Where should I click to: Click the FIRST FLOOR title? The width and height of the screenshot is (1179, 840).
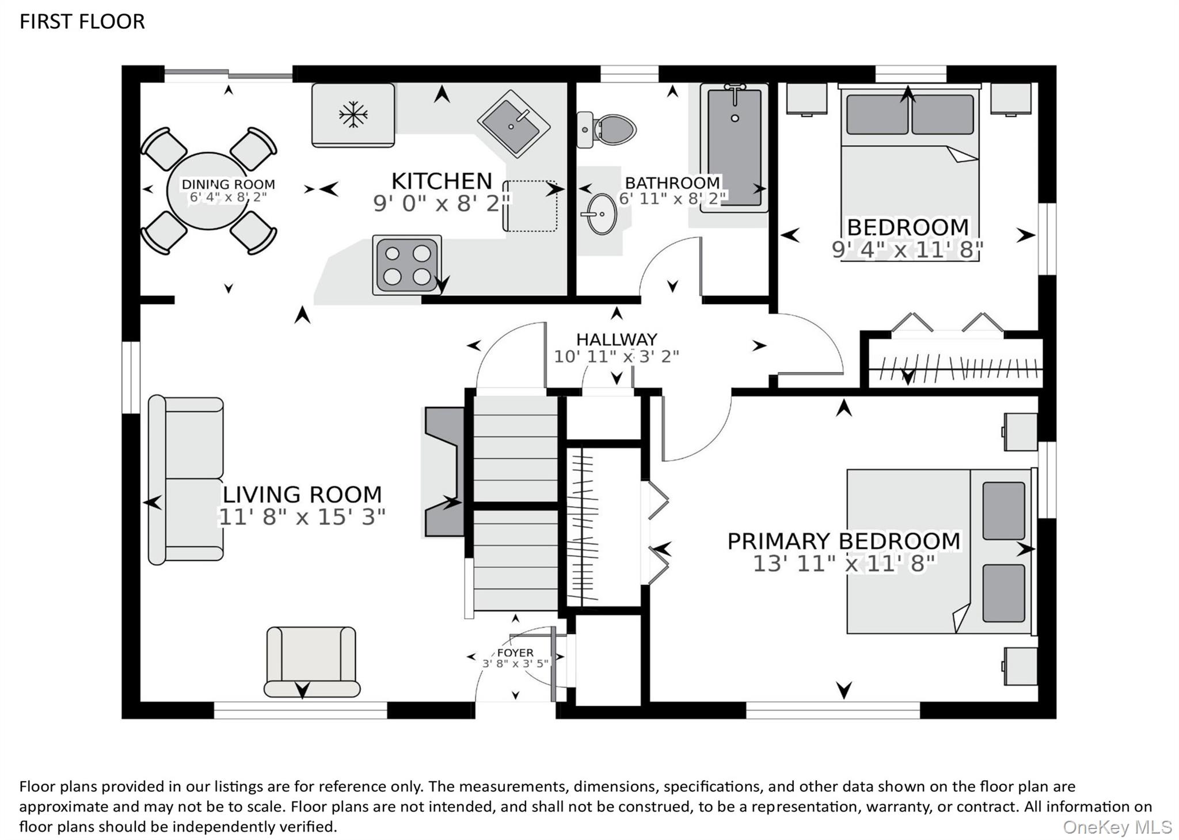(x=82, y=22)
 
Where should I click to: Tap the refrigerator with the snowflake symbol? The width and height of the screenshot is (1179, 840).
(x=353, y=115)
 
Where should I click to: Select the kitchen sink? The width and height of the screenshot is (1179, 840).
(x=514, y=123)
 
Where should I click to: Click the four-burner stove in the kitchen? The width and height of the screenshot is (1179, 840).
(x=407, y=265)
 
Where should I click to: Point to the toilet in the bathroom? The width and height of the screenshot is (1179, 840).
(x=607, y=130)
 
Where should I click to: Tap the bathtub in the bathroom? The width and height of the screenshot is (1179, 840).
(x=735, y=148)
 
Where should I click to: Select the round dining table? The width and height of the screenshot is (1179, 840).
(x=208, y=191)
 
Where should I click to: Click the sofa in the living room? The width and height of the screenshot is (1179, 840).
(x=186, y=479)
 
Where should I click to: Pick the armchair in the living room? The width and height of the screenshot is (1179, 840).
(x=311, y=662)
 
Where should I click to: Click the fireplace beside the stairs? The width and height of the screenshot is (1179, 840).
(x=444, y=472)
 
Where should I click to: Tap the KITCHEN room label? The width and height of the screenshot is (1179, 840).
(x=442, y=181)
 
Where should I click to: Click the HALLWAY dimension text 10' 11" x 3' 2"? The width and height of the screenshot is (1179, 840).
(x=617, y=356)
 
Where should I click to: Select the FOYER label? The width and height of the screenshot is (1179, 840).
(x=515, y=653)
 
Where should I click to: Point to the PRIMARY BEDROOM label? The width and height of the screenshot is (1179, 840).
(x=844, y=541)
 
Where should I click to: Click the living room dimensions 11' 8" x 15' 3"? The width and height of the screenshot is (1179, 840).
(x=302, y=517)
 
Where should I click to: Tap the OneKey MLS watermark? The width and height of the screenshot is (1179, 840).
(x=1117, y=827)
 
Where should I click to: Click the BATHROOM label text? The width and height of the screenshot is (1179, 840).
(x=672, y=183)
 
